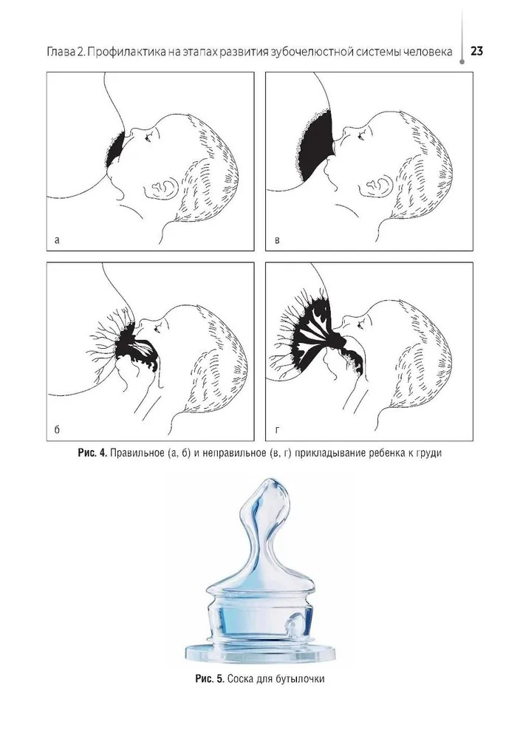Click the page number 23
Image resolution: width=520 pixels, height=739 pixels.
[476, 50]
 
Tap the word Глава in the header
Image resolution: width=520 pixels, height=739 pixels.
[60, 52]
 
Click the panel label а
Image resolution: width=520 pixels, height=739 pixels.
[57, 240]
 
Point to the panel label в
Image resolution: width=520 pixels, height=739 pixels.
[277, 240]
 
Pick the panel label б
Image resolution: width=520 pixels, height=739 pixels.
[57, 429]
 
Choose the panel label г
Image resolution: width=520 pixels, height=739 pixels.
[277, 430]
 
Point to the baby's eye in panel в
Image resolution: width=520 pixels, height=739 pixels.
[361, 135]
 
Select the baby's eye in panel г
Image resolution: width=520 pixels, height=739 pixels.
[360, 324]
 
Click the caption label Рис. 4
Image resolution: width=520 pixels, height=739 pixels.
[93, 454]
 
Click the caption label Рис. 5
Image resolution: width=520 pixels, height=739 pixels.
[210, 679]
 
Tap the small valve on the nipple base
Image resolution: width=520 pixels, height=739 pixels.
[294, 625]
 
